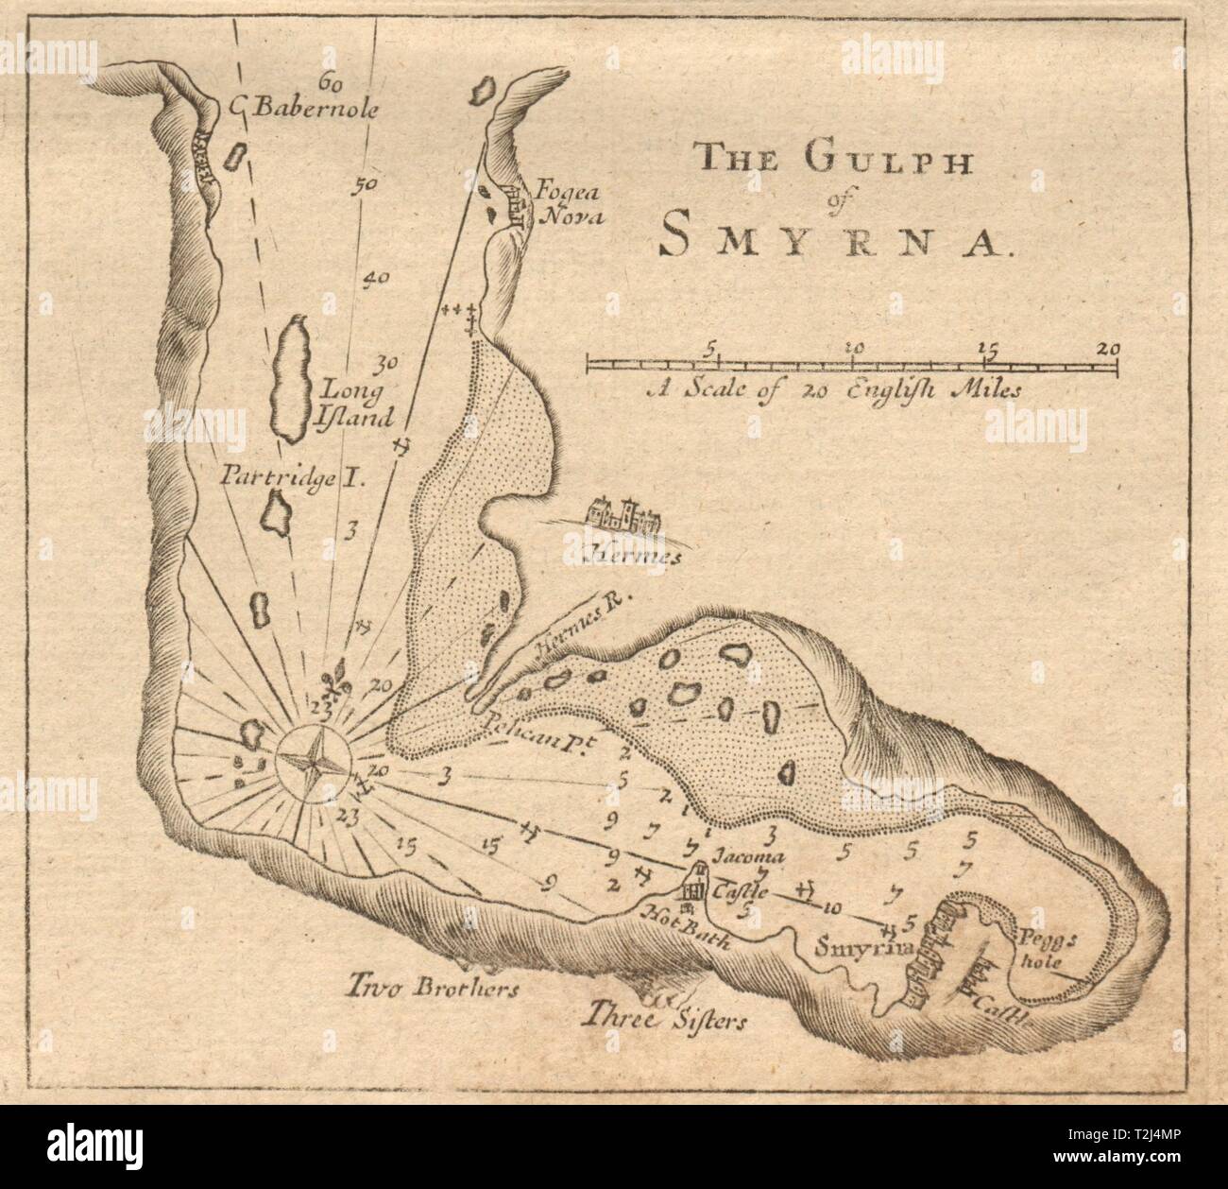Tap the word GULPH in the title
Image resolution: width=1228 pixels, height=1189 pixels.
tap(878, 155)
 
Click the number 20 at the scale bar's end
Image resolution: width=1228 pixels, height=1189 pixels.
tap(1107, 348)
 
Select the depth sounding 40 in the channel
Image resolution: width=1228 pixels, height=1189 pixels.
tap(377, 278)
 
